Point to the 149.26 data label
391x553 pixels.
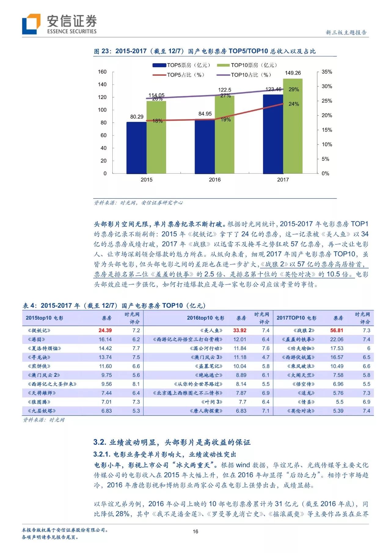293,73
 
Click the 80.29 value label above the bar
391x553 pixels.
137,117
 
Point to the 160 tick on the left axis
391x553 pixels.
102,72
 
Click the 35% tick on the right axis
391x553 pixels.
327,72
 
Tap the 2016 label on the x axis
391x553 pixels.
215,180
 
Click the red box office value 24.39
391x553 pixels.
105,331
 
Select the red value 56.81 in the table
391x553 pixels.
337,331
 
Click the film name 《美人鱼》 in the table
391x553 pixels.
211,331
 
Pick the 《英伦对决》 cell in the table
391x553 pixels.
301,411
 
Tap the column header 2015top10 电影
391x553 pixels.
44,318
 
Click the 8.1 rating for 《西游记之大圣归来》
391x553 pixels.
136,384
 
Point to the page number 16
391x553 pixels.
195,532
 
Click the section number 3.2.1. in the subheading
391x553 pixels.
102,454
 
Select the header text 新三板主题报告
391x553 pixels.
346,32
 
